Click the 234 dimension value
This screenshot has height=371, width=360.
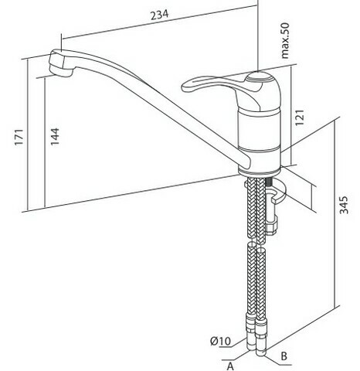tap(160, 15)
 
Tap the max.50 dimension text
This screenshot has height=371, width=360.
tap(285, 41)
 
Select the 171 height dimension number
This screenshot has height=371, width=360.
tap(19, 138)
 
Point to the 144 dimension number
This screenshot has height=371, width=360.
tap(55, 137)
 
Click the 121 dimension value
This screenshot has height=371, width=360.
tap(300, 117)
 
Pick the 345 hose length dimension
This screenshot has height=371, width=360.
tap(344, 205)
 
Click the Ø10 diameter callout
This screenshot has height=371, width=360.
tap(220, 341)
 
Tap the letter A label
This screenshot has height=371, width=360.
tap(230, 366)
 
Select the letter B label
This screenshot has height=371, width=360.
tap(284, 356)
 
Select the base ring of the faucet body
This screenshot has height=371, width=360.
tap(259, 172)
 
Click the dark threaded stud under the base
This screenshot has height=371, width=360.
tap(270, 182)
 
